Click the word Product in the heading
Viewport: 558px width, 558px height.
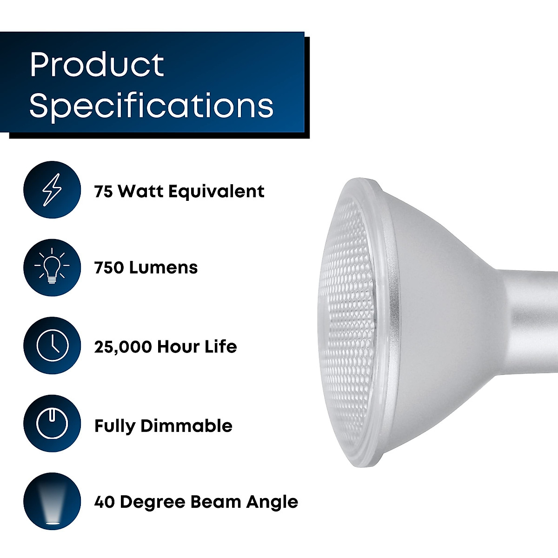click(x=97, y=65)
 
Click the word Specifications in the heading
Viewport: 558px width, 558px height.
click(x=152, y=106)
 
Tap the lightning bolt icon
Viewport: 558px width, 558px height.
click(x=52, y=190)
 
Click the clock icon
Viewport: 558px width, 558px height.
click(x=52, y=346)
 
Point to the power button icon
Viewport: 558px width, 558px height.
click(x=52, y=424)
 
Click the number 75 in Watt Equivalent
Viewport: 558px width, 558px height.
click(x=104, y=192)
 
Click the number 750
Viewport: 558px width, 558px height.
click(x=109, y=268)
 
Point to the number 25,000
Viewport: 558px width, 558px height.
click(x=123, y=347)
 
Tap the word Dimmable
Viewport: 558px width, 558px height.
click(x=193, y=426)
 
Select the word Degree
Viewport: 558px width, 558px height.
click(x=149, y=503)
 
